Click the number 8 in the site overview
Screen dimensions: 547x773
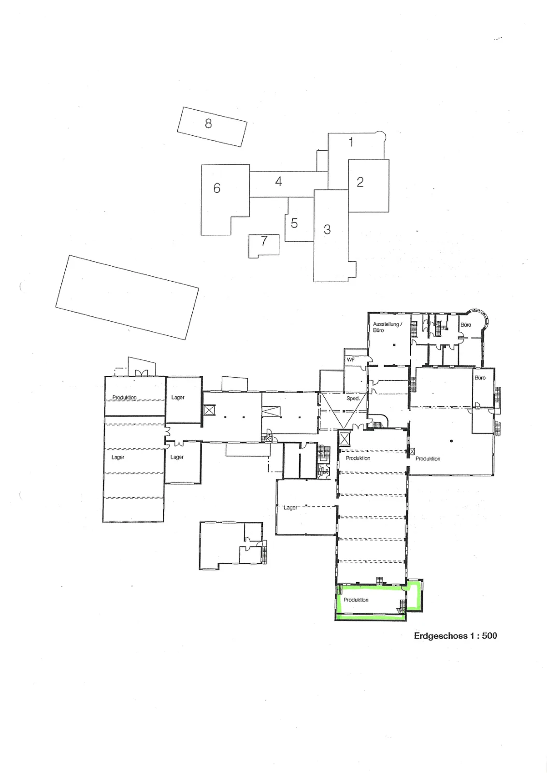click(x=208, y=123)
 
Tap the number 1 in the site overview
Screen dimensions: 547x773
click(x=351, y=142)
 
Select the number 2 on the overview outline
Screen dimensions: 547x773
click(x=360, y=182)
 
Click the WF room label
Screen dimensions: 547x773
click(x=351, y=359)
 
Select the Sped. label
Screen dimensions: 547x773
click(x=353, y=398)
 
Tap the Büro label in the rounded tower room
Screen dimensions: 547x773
click(x=466, y=325)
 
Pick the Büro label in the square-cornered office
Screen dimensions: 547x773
click(x=480, y=377)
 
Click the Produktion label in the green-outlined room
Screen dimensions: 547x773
click(x=356, y=600)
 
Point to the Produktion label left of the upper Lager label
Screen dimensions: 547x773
click(x=124, y=397)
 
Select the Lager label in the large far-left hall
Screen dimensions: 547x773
click(x=118, y=457)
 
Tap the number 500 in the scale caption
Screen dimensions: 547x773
click(x=489, y=635)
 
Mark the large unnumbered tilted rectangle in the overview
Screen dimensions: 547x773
click(x=127, y=297)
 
